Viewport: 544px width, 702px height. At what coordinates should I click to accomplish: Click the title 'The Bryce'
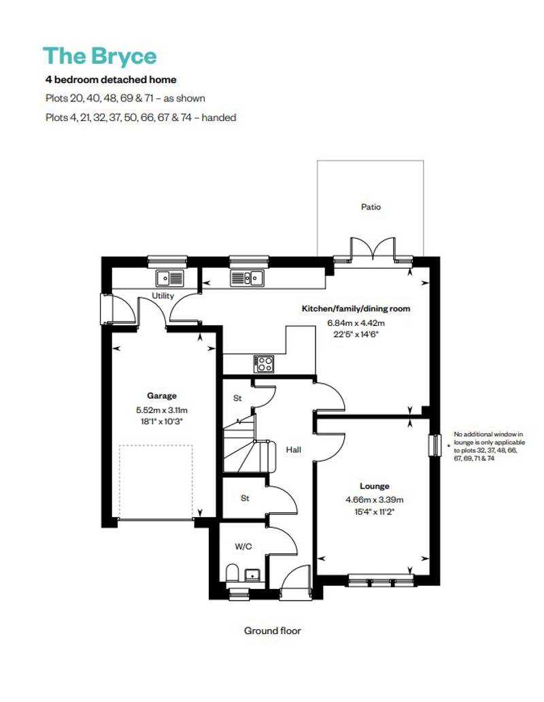tap(99, 56)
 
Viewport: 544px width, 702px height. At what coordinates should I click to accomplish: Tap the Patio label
tap(371, 207)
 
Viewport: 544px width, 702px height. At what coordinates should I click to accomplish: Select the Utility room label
tap(163, 296)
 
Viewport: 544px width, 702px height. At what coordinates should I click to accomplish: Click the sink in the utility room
tap(169, 278)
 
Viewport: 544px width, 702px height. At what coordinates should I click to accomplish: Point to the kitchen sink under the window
tap(246, 278)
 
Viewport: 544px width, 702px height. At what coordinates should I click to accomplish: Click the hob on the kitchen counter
tap(264, 363)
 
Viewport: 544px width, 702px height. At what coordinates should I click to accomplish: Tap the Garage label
tap(162, 395)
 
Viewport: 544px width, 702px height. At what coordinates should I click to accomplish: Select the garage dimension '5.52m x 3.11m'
tap(162, 410)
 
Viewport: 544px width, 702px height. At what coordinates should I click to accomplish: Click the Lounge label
tap(374, 486)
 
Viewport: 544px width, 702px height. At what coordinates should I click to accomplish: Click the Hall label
tap(293, 450)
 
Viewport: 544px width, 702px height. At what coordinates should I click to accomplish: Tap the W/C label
tap(243, 546)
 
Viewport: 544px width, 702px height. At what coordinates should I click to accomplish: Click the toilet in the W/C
tap(232, 573)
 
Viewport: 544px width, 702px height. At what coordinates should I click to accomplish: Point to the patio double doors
tap(372, 248)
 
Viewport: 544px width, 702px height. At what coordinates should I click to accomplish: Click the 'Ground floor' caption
tap(272, 631)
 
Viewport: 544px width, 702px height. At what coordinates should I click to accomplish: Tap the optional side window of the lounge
tap(434, 446)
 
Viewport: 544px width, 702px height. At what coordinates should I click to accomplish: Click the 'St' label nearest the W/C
tap(245, 498)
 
